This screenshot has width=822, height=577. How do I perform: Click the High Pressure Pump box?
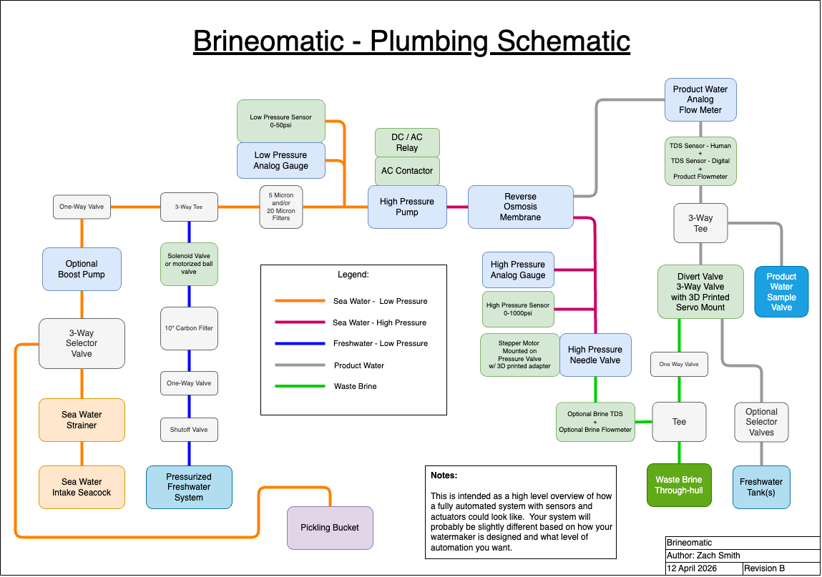click(407, 207)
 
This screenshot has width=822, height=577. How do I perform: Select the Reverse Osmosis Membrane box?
click(520, 207)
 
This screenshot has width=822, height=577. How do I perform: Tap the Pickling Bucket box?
click(330, 528)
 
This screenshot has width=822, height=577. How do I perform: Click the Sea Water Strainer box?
click(82, 420)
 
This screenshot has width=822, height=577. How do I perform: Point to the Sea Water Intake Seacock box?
click(82, 487)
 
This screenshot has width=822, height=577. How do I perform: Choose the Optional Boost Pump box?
click(82, 269)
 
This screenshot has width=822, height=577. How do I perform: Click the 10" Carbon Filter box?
click(189, 328)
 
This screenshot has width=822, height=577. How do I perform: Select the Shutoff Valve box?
click(189, 430)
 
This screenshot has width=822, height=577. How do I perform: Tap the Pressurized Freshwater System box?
click(189, 487)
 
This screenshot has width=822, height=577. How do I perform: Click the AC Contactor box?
click(407, 171)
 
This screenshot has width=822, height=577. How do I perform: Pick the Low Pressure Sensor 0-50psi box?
click(280, 121)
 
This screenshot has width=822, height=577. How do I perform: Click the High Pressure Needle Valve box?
click(595, 355)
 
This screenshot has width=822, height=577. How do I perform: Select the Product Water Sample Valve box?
click(781, 292)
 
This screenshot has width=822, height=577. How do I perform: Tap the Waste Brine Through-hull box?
click(679, 485)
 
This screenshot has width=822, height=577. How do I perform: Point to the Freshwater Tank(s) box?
click(761, 487)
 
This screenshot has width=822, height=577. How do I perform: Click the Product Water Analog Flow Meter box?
click(700, 100)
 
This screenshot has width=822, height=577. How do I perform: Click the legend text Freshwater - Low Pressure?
click(380, 344)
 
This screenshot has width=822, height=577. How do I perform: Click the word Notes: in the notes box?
click(444, 475)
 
